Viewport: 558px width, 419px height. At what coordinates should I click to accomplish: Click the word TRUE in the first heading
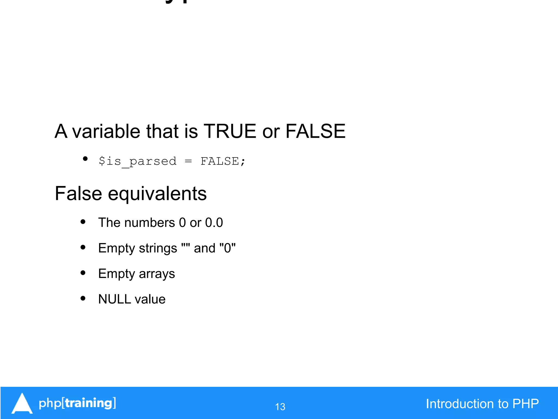click(x=230, y=131)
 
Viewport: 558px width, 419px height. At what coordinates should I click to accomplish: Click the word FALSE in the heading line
click(x=315, y=131)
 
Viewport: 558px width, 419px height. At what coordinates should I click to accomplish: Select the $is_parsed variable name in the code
click(x=138, y=161)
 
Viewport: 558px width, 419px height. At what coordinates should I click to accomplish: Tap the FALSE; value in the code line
click(x=223, y=161)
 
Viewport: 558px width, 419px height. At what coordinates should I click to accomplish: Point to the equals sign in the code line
click(x=188, y=161)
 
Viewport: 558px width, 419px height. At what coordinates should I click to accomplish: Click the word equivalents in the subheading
click(x=157, y=194)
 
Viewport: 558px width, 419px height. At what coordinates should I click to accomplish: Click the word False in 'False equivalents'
click(x=78, y=194)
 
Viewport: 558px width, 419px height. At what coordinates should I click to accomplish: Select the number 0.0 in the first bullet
click(x=214, y=223)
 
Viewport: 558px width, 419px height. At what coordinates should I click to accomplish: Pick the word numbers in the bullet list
click(x=150, y=223)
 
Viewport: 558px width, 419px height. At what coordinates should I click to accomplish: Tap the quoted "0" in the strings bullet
click(x=227, y=248)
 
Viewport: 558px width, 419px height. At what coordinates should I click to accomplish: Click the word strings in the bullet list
click(x=158, y=248)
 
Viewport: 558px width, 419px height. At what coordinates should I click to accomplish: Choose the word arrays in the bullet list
click(x=157, y=274)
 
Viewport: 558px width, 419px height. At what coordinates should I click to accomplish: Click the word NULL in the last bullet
click(x=115, y=299)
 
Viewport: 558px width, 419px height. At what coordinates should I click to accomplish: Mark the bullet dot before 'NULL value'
click(x=83, y=298)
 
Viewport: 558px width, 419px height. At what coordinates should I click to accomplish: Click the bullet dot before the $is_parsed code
click(x=85, y=159)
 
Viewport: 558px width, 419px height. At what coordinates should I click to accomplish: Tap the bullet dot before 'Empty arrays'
click(x=83, y=273)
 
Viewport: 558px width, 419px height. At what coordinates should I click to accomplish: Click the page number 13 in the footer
click(x=280, y=407)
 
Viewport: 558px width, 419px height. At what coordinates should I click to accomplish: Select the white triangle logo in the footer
click(x=22, y=404)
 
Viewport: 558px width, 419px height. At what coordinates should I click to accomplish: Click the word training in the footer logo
click(x=89, y=403)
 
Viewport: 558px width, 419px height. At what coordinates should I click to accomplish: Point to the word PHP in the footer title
click(x=525, y=404)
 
